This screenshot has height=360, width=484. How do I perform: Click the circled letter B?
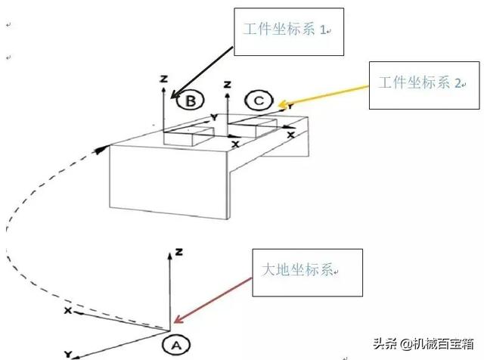(190, 100)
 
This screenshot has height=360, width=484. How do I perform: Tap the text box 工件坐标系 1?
(288, 31)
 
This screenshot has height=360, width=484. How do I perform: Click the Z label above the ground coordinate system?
(175, 250)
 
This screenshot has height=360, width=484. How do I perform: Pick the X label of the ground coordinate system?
(67, 311)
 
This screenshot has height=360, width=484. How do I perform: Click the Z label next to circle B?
(163, 78)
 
